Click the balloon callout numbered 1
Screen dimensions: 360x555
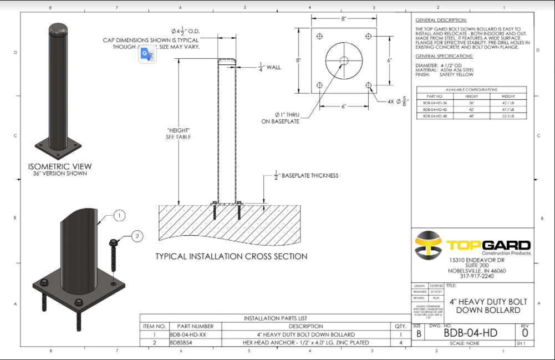coord(120,215)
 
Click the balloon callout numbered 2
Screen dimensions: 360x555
coord(137,236)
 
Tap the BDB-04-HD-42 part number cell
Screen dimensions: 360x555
coord(435,109)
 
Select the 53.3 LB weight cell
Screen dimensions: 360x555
coord(508,116)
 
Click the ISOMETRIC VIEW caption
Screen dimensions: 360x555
coord(60,166)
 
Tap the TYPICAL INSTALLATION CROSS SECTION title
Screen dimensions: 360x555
coord(231,256)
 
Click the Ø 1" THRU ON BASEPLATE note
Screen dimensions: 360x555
coord(281,118)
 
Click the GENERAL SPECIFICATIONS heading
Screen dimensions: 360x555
coord(444,56)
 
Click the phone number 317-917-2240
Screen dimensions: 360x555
coord(476,276)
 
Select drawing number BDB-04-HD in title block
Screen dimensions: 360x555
coord(470,333)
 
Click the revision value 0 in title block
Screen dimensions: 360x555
coord(525,333)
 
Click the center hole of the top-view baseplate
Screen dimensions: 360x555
coord(343,60)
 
